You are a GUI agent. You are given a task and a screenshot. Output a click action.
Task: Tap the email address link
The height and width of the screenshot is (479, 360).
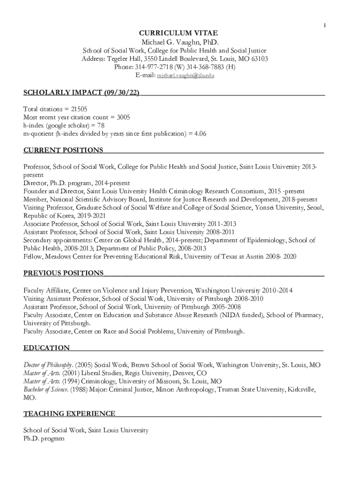point(186,75)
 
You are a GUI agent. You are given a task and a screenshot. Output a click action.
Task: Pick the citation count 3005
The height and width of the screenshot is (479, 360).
point(123,117)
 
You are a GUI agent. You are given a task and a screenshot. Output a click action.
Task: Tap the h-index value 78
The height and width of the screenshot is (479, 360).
point(101,125)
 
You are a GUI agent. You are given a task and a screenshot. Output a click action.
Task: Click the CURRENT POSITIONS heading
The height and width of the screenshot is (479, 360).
point(64,150)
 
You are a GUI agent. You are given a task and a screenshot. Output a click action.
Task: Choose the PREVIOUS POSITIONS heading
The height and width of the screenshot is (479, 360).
point(64,273)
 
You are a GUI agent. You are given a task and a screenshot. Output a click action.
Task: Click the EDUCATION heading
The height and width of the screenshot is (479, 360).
point(47,348)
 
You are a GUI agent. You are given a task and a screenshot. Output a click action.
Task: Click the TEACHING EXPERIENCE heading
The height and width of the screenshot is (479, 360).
point(69,414)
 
